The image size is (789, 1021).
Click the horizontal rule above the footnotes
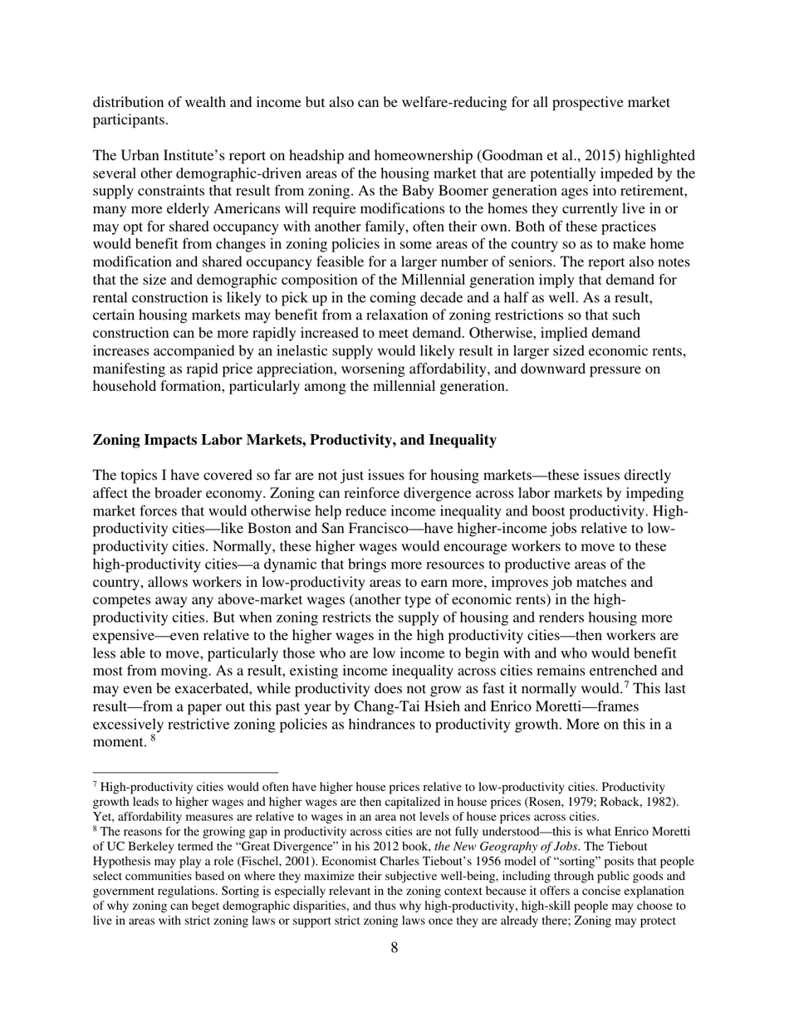[x=185, y=772]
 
